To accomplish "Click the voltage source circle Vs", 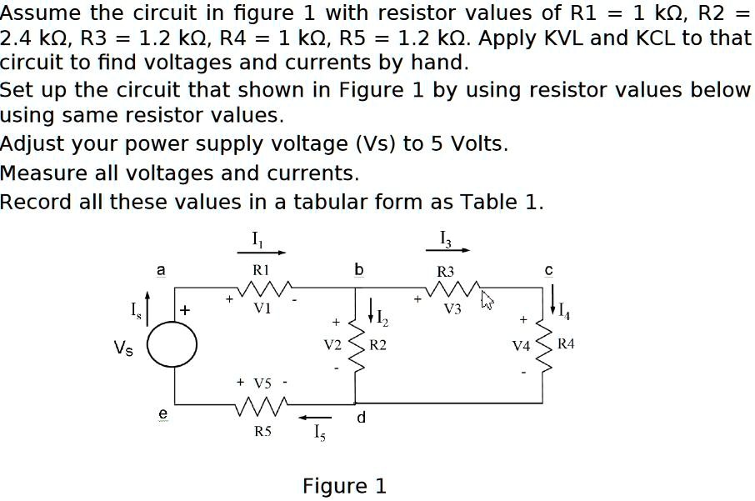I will click(x=172, y=345).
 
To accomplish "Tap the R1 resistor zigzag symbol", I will click(x=262, y=289).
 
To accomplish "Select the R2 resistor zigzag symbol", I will click(x=357, y=344).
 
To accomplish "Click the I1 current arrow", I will click(x=262, y=251).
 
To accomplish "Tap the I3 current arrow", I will click(x=447, y=249).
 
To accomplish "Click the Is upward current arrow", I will click(x=148, y=308).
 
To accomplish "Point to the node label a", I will click(x=162, y=270).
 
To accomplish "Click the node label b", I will click(x=358, y=269).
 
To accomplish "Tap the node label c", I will click(x=547, y=270).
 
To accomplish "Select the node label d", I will click(x=360, y=417).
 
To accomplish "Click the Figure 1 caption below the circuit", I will click(x=344, y=486).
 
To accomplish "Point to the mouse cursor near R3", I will click(x=487, y=299).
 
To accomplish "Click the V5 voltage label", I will click(x=262, y=383).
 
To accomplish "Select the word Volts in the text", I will click(x=477, y=144).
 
